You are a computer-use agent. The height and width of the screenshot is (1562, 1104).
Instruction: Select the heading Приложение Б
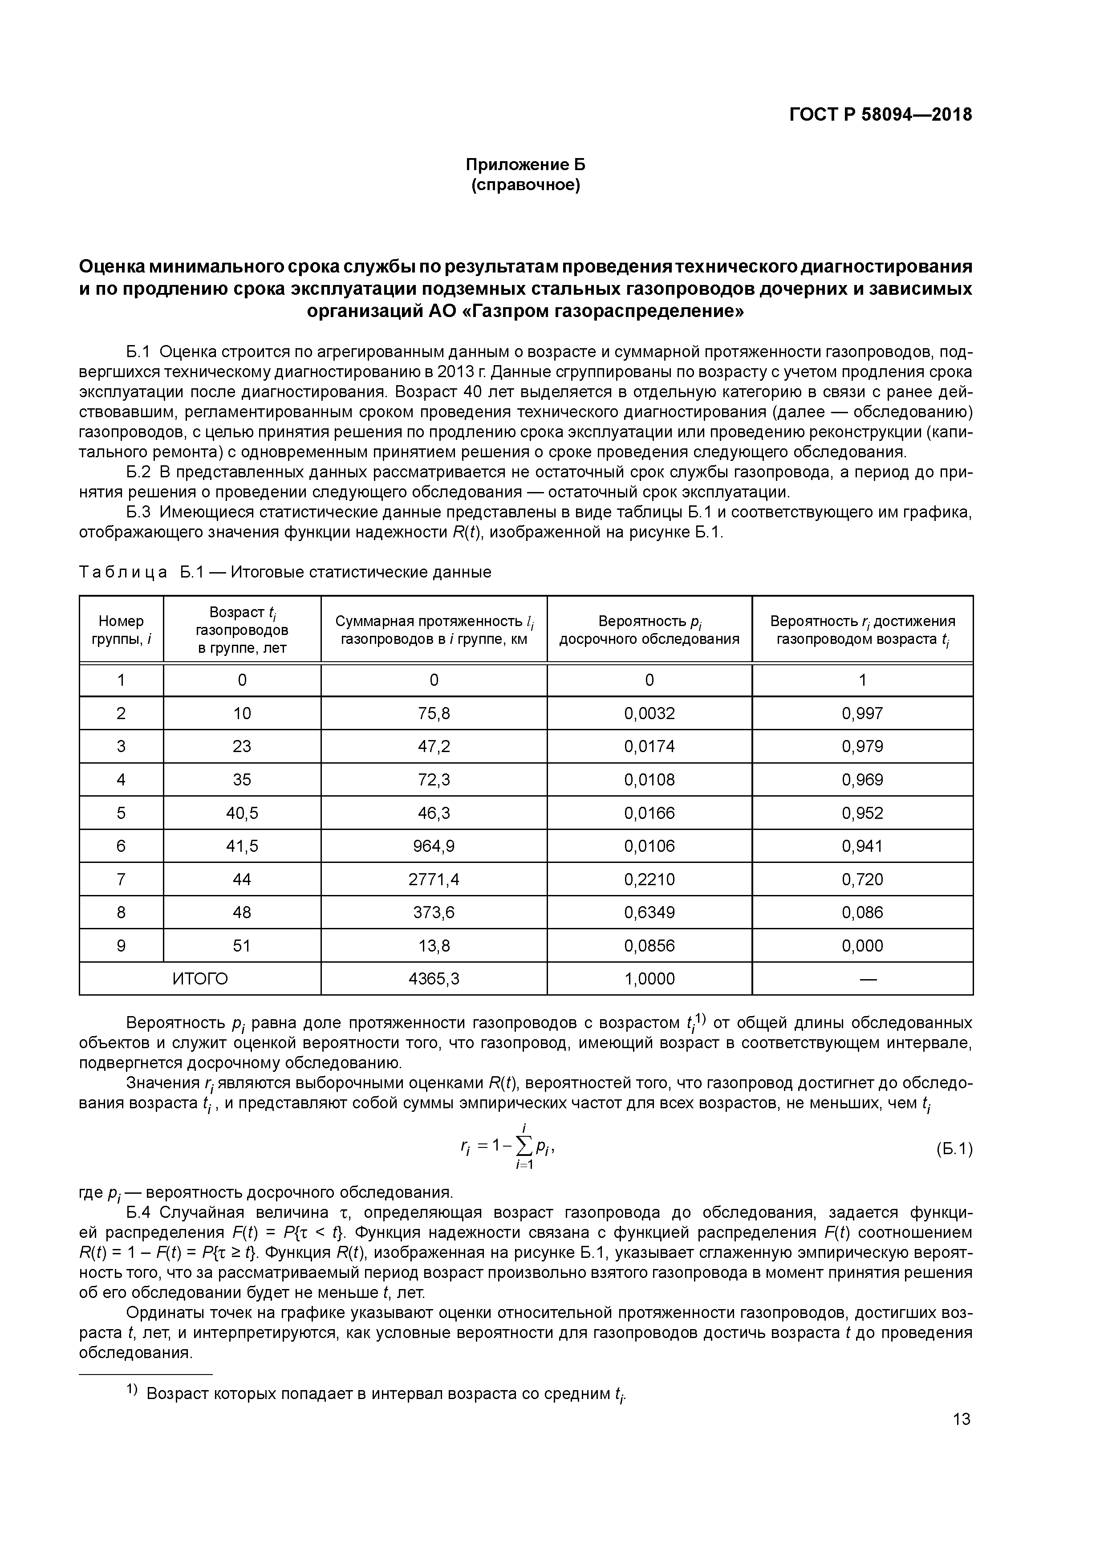pyautogui.click(x=525, y=165)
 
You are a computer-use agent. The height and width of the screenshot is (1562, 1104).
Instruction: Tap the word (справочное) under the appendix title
pyautogui.click(x=525, y=185)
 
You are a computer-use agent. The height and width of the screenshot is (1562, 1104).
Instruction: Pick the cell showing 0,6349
pyautogui.click(x=649, y=912)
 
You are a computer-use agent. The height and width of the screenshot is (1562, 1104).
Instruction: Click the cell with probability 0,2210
pyautogui.click(x=649, y=880)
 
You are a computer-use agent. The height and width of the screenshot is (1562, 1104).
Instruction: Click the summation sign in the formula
pyautogui.click(x=524, y=1148)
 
